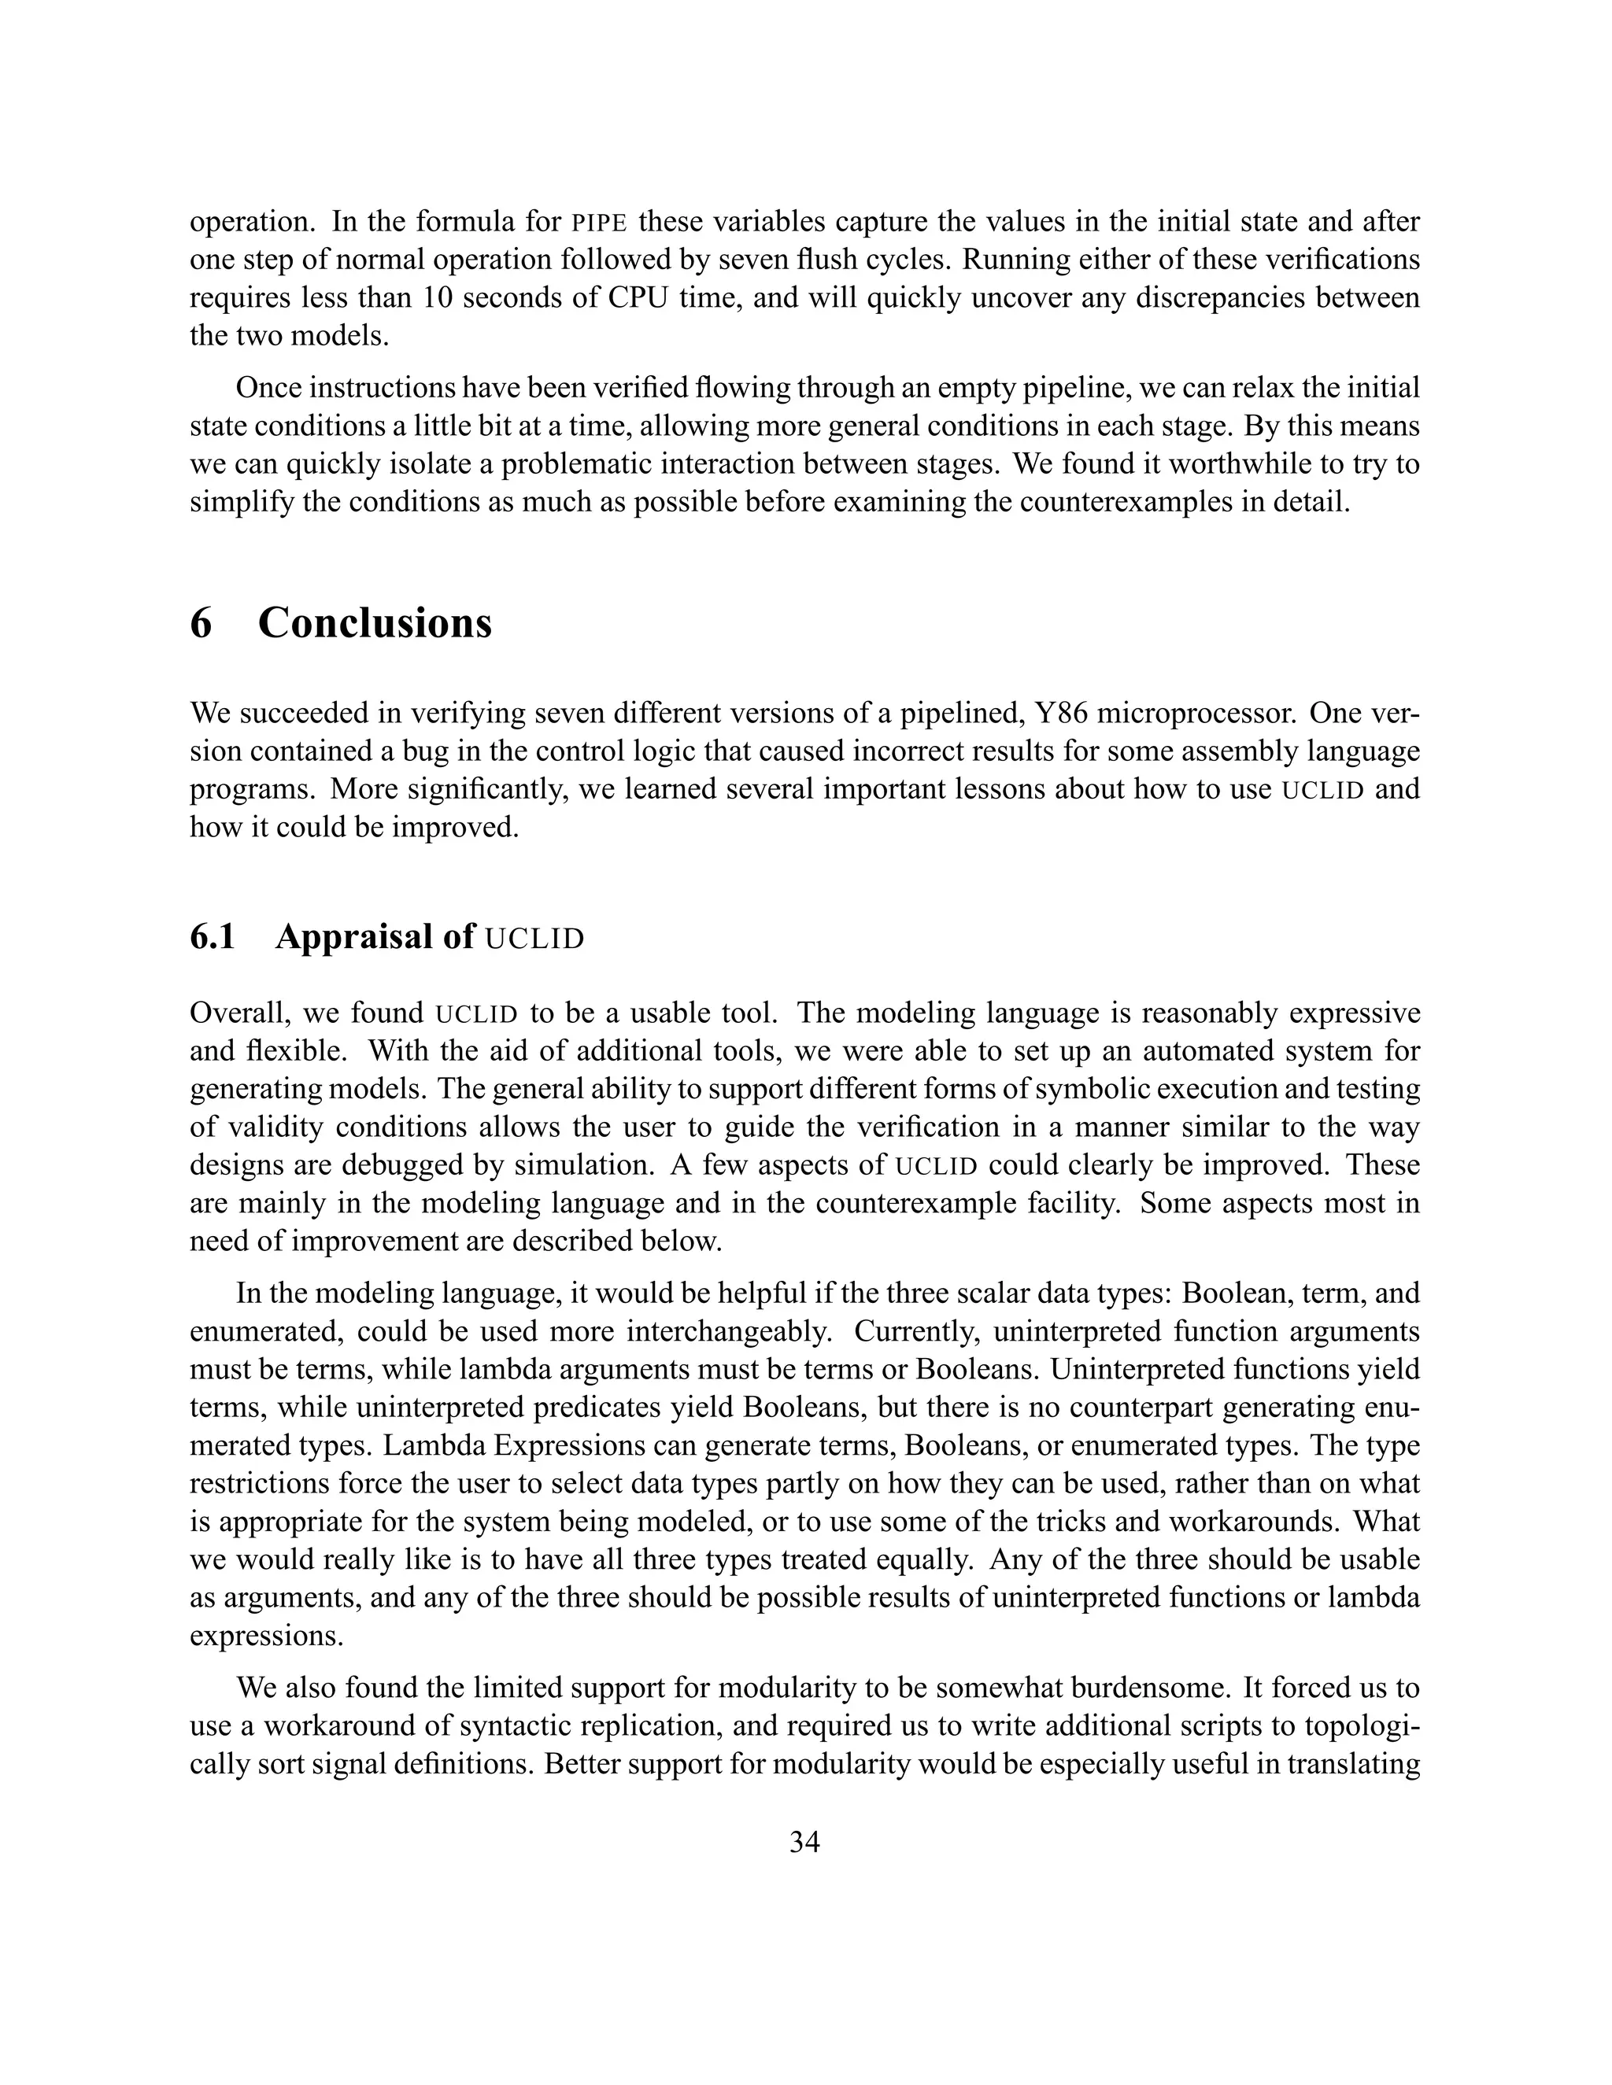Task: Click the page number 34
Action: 804,1842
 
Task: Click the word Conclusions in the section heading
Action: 375,623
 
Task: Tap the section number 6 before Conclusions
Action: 201,623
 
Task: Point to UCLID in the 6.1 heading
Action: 534,939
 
